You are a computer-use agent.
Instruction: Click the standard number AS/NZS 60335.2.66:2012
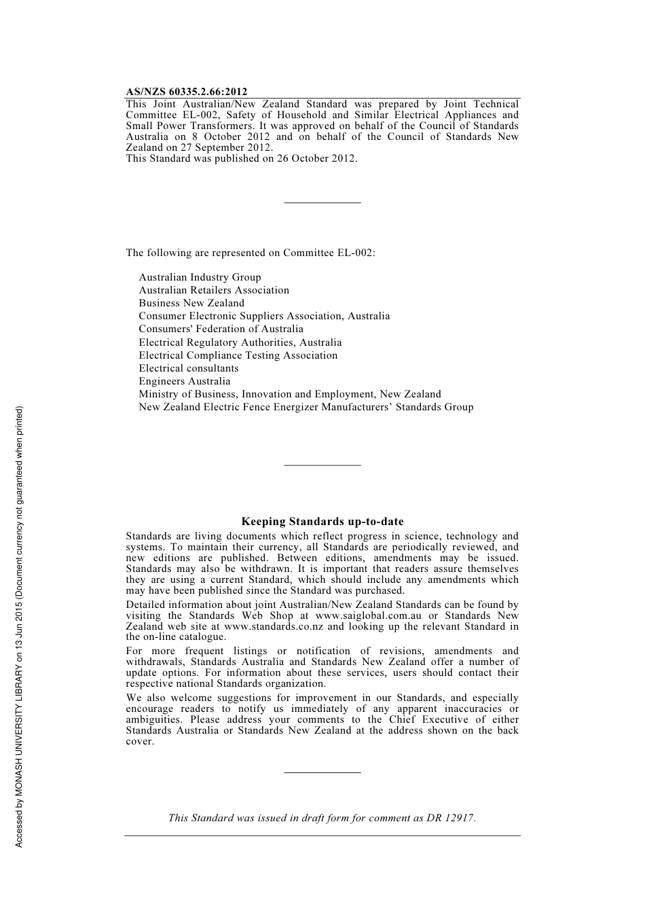187,92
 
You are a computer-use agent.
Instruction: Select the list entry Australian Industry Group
200,277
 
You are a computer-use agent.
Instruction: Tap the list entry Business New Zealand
191,303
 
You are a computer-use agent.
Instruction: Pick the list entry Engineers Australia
185,381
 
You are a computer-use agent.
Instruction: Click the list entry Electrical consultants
189,368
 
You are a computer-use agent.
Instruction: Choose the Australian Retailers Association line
214,290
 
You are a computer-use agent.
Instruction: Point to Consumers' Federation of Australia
221,329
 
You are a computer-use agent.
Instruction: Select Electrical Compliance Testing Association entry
238,355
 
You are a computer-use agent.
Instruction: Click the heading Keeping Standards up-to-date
322,522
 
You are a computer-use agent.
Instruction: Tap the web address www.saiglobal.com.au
369,615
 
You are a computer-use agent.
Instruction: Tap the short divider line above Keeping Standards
322,465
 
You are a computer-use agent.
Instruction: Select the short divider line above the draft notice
322,772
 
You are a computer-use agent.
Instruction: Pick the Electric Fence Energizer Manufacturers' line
306,407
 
